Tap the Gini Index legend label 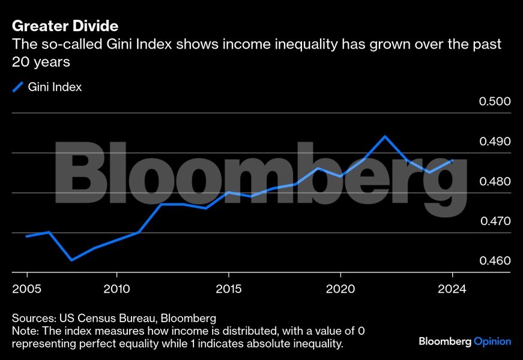coord(55,87)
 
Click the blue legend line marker coord(17,87)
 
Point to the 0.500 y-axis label coord(494,101)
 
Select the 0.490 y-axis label coord(494,142)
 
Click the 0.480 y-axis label coord(494,182)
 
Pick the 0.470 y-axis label coord(494,221)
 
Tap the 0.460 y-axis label coord(494,262)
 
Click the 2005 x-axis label coord(26,289)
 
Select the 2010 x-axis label coord(116,289)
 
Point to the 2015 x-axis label coord(228,289)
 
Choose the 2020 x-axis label coord(340,289)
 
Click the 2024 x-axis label coord(452,289)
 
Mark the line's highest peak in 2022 coord(385,136)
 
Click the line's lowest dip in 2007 coord(71,260)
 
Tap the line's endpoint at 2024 coord(452,160)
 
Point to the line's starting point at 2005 coord(26,236)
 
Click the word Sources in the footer coord(31,317)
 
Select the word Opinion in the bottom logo coord(492,341)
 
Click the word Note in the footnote coord(23,331)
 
